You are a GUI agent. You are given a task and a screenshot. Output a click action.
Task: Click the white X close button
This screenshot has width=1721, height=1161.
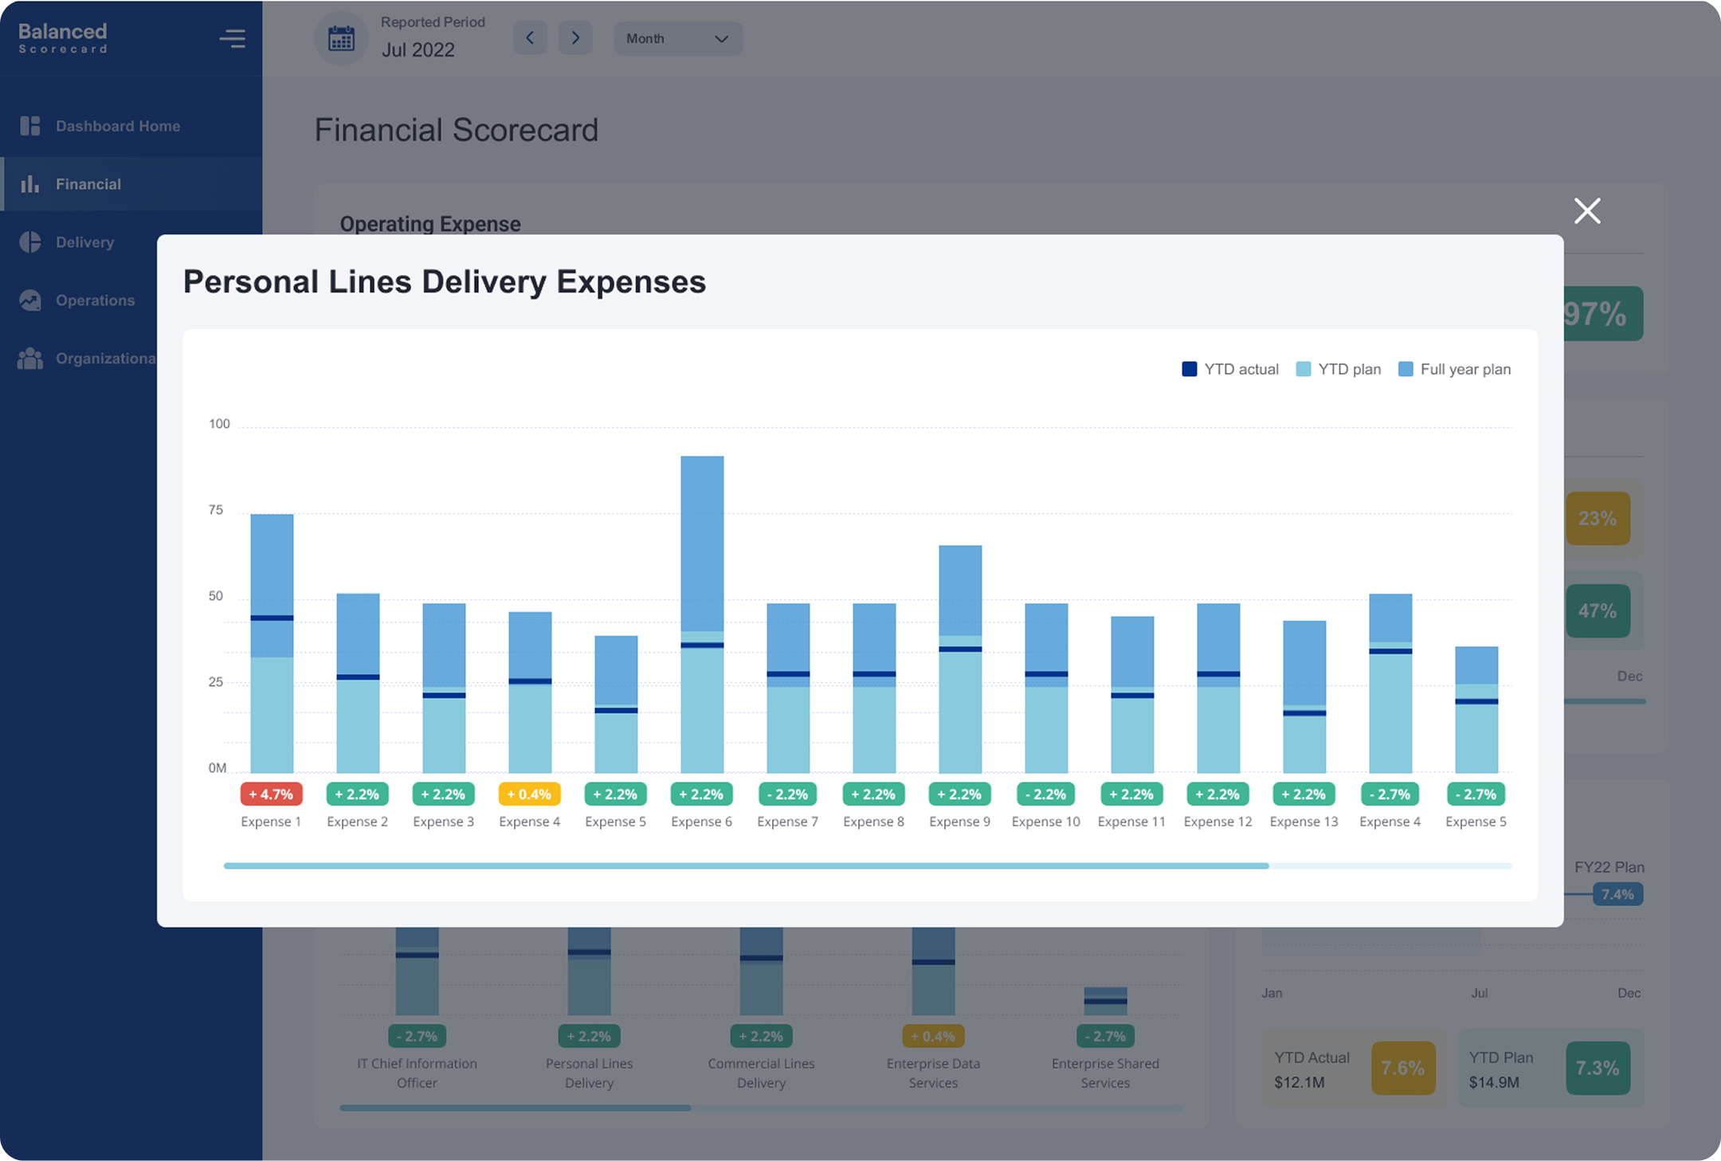pyautogui.click(x=1586, y=211)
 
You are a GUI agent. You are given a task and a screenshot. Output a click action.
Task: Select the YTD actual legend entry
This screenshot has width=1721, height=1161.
pyautogui.click(x=1230, y=369)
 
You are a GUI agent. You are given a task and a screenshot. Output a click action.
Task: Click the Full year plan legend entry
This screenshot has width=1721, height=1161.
pyautogui.click(x=1455, y=369)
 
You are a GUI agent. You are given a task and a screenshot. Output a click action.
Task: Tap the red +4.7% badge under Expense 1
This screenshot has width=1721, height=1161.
pyautogui.click(x=271, y=794)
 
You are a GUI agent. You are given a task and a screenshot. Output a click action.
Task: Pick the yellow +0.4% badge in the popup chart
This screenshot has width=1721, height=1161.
pyautogui.click(x=529, y=794)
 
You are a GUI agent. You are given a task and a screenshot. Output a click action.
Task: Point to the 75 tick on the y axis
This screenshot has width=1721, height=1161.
pyautogui.click(x=216, y=510)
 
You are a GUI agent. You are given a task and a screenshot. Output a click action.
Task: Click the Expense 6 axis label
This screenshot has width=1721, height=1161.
pyautogui.click(x=701, y=822)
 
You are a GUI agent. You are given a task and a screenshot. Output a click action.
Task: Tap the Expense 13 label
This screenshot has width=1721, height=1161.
pyautogui.click(x=1303, y=822)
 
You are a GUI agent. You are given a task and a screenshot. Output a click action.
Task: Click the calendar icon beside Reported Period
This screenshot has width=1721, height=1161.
pyautogui.click(x=341, y=38)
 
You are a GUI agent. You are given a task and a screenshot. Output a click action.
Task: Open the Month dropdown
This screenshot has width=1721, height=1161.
pyautogui.click(x=677, y=38)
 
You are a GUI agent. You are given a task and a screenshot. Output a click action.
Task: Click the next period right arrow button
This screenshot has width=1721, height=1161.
pyautogui.click(x=575, y=38)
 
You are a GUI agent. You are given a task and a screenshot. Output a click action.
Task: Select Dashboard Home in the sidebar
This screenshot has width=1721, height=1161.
pyautogui.click(x=117, y=126)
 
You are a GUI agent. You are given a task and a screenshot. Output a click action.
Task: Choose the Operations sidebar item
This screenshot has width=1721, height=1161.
pyautogui.click(x=95, y=300)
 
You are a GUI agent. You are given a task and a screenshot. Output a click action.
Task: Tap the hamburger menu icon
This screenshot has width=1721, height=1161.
pyautogui.click(x=233, y=38)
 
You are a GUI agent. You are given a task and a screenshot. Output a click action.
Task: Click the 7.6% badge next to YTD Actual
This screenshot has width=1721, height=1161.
pyautogui.click(x=1402, y=1068)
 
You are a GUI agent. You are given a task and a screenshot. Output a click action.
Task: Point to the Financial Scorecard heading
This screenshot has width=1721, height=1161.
pyautogui.click(x=456, y=130)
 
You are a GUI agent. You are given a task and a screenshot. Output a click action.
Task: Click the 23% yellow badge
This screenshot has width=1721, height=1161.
pyautogui.click(x=1597, y=519)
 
